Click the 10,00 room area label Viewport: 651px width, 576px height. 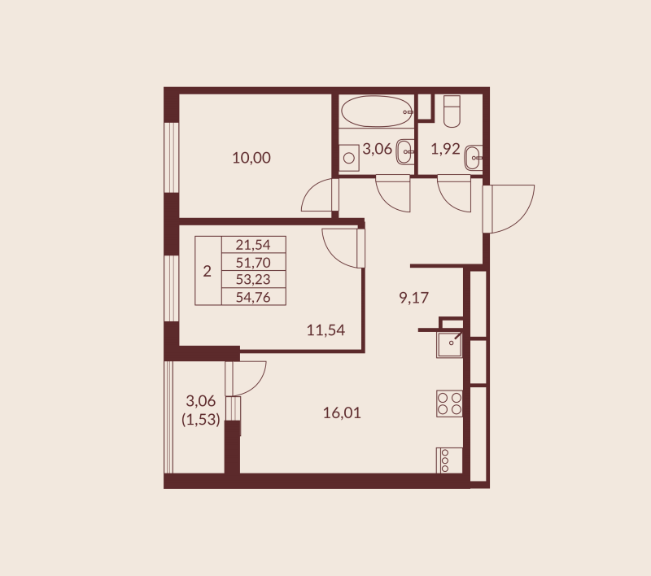click(251, 158)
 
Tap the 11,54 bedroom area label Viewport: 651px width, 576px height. click(325, 330)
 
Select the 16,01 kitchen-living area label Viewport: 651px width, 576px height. click(342, 413)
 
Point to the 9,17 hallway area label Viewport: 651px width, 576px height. click(413, 298)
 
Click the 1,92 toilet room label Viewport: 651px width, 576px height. click(446, 149)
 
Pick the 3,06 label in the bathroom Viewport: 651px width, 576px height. click(378, 149)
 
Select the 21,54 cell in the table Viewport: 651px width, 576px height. click(253, 244)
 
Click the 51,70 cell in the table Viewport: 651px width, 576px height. click(253, 262)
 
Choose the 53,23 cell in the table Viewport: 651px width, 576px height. click(253, 279)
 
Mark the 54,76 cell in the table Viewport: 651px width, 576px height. click(253, 296)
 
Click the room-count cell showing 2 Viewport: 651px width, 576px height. click(208, 271)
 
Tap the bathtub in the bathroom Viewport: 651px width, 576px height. click(376, 111)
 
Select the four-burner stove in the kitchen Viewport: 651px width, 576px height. click(449, 404)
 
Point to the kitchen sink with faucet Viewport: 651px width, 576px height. click(450, 345)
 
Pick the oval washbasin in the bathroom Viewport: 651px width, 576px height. click(405, 151)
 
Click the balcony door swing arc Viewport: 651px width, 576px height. click(249, 377)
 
